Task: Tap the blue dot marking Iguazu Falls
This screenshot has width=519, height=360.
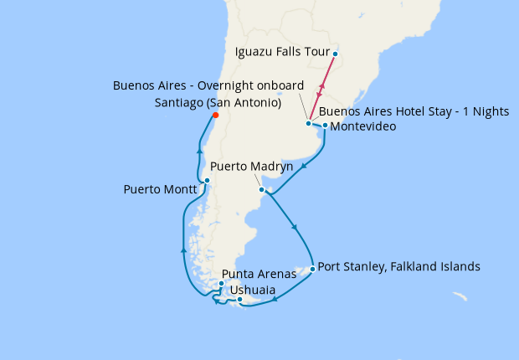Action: pyautogui.click(x=335, y=54)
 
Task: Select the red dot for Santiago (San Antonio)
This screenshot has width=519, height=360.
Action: pyautogui.click(x=215, y=116)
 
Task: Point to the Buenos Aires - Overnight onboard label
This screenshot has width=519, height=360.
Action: pyautogui.click(x=208, y=86)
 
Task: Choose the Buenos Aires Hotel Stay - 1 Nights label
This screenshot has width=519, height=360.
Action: pyautogui.click(x=414, y=111)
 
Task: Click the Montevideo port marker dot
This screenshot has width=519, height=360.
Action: pyautogui.click(x=325, y=126)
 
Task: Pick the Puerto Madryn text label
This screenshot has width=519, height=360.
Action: pyautogui.click(x=251, y=167)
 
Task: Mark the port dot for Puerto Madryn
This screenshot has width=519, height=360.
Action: pyautogui.click(x=262, y=190)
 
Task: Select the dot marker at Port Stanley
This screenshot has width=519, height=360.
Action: pyautogui.click(x=312, y=269)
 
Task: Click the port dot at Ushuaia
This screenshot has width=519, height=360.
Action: pyautogui.click(x=239, y=300)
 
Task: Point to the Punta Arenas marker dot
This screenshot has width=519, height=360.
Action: pyautogui.click(x=221, y=284)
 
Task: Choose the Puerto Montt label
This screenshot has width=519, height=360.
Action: pyautogui.click(x=160, y=189)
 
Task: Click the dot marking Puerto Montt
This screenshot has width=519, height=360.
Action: pyautogui.click(x=207, y=181)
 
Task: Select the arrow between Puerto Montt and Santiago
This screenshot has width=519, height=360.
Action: pyautogui.click(x=199, y=150)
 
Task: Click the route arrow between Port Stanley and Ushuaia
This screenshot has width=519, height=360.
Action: pyautogui.click(x=275, y=298)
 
